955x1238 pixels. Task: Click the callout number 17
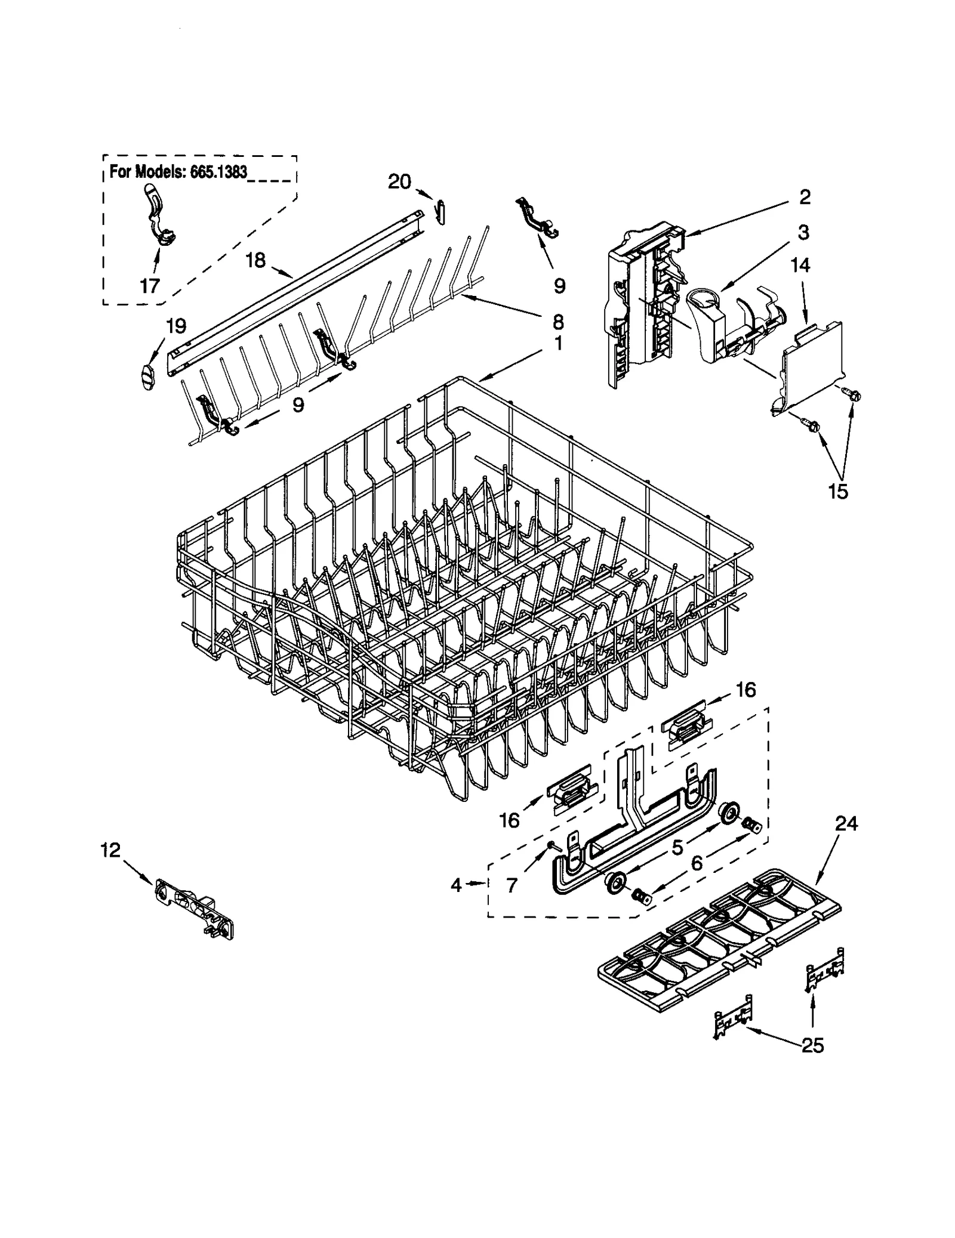149,285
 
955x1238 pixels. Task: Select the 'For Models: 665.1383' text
178,172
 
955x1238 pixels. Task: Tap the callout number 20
399,181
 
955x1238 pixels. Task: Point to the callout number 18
255,260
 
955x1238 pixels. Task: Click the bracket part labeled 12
195,907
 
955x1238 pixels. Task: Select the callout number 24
846,824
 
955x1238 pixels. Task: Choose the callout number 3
803,233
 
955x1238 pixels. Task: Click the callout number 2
805,197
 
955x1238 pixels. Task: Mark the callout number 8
557,322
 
